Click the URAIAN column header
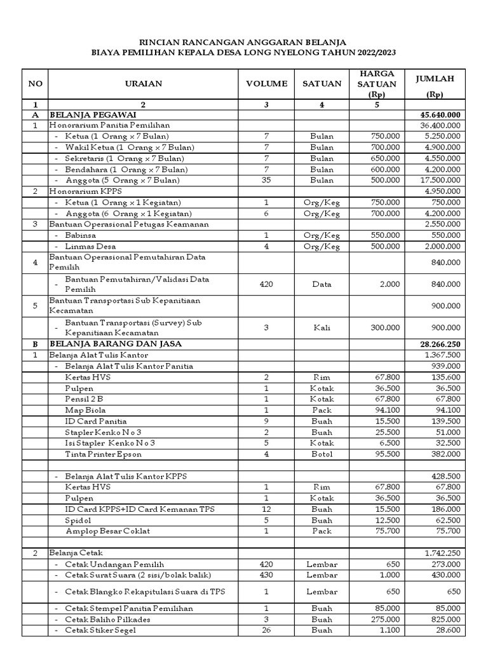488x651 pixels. coord(143,83)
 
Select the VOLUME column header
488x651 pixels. coord(266,83)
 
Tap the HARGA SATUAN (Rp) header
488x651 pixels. coord(377,83)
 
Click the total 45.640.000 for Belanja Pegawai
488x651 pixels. coord(440,115)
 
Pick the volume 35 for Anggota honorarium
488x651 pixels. coord(266,180)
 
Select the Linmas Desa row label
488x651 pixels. coord(90,246)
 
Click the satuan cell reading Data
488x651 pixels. coord(322,284)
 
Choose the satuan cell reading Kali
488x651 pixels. coord(322,327)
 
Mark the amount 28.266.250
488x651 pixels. coord(440,343)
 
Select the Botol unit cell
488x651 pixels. coord(322,454)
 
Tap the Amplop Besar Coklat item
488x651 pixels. coord(108,531)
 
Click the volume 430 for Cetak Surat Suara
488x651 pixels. coord(266,575)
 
